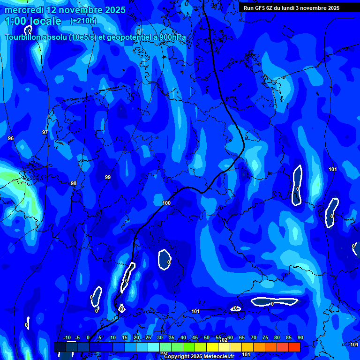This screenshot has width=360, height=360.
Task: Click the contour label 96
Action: [x=11, y=138]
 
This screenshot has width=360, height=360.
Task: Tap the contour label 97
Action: [x=45, y=133]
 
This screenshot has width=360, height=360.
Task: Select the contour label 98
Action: [x=73, y=183]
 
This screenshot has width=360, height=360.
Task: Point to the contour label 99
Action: [x=108, y=177]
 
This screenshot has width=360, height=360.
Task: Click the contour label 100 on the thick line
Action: [x=166, y=203]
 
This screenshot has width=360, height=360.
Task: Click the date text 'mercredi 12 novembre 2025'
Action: [x=65, y=10]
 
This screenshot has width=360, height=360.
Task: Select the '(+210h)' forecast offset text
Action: [x=83, y=21]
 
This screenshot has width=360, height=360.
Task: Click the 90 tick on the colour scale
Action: [x=300, y=337]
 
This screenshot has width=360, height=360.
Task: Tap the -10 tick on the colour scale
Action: [x=67, y=337]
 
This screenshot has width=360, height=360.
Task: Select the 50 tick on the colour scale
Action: [x=207, y=337]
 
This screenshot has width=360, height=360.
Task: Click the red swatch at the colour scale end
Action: [x=294, y=347]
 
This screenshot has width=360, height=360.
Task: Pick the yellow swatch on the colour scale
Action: [x=212, y=347]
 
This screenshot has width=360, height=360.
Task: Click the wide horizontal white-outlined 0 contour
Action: [x=274, y=302]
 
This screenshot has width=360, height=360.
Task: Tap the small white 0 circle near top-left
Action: [x=28, y=30]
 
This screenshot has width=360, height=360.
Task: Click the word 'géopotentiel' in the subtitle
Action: [x=127, y=37]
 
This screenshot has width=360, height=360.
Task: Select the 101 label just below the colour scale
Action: [x=246, y=354]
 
